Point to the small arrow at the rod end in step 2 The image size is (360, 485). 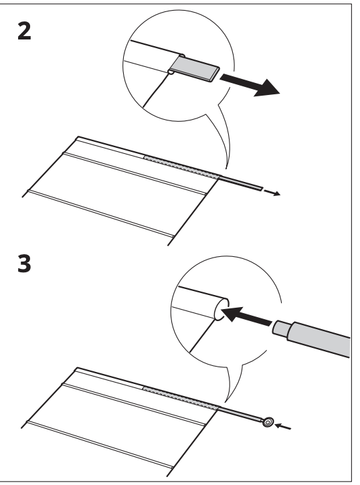[x=272, y=194]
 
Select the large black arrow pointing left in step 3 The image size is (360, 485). [x=248, y=318]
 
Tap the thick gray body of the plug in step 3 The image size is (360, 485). [x=321, y=337]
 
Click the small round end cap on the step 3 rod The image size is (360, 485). [x=268, y=422]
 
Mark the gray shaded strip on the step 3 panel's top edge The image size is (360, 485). [x=181, y=397]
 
